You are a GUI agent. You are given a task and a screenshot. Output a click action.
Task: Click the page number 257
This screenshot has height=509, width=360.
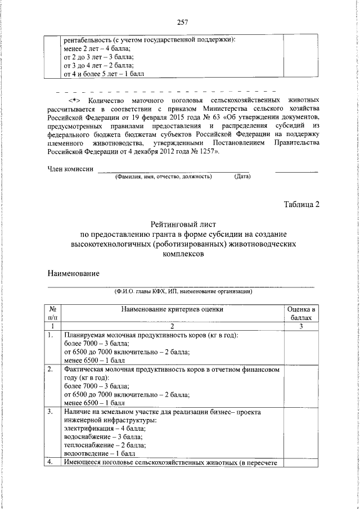(x=182, y=22)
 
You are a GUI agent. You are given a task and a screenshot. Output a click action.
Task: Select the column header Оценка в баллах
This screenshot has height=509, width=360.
(x=301, y=313)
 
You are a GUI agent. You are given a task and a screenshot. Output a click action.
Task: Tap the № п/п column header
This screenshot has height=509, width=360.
(x=52, y=313)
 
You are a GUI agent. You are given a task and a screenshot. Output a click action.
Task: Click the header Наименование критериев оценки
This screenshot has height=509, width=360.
(x=171, y=309)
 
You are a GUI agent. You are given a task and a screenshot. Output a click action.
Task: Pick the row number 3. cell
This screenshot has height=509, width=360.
(x=51, y=412)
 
